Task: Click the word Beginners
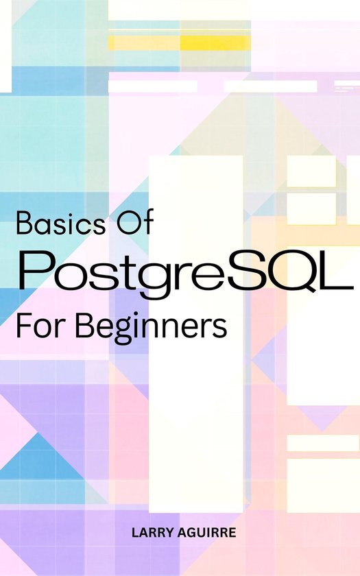click(152, 328)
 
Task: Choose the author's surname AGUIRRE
click(207, 533)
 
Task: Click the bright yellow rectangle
click(215, 43)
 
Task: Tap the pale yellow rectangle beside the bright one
click(144, 43)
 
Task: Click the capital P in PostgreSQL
click(37, 269)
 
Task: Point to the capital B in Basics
click(25, 223)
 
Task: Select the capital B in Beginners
click(85, 326)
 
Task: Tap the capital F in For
click(24, 326)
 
